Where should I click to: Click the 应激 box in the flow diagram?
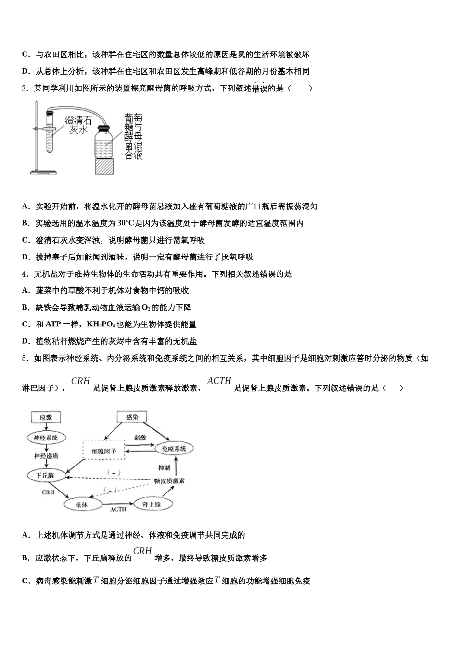[46, 417]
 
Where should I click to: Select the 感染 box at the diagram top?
[132, 417]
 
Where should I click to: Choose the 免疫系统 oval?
[174, 449]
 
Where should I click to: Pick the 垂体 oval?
[83, 504]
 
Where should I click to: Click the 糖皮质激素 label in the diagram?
[169, 480]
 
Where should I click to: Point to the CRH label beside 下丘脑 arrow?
[48, 492]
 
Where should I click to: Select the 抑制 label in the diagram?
[164, 467]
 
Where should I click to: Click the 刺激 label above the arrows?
[140, 438]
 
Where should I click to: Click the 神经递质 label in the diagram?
[46, 455]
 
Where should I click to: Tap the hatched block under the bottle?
[105, 167]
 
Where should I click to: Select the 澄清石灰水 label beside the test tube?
[78, 125]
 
